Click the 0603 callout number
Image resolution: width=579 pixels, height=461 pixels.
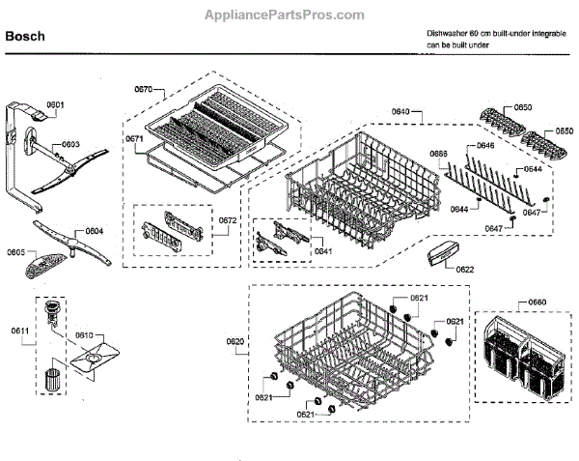point(70,144)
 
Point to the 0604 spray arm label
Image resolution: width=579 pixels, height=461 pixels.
point(93,231)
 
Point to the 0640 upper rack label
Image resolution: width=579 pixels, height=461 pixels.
point(400,113)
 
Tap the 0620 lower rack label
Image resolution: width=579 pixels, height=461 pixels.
point(234,342)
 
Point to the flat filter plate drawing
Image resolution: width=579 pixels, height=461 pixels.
point(93,359)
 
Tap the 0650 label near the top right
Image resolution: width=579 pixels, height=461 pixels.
point(522,107)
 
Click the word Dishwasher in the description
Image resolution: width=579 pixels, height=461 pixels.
point(447,33)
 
